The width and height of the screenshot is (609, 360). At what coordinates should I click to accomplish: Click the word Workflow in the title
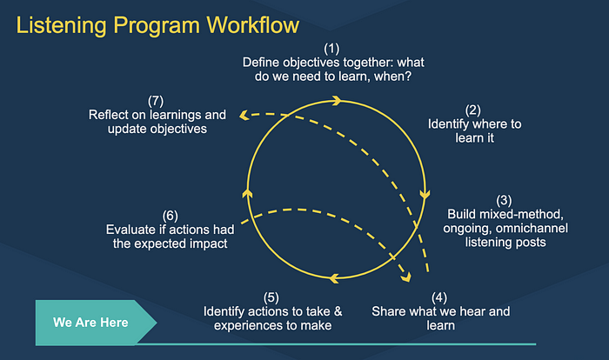pos(253,25)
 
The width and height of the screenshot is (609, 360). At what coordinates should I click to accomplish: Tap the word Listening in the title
pos(62,26)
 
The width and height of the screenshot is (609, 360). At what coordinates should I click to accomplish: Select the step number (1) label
pos(331,49)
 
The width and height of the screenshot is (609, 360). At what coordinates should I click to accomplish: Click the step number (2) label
pos(473,110)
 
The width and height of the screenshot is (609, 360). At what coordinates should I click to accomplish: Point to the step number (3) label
pos(504,200)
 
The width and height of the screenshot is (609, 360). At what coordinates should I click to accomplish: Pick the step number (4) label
pos(439,297)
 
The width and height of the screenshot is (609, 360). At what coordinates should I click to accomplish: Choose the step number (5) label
pos(271,297)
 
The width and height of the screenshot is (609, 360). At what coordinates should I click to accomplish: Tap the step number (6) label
pos(171,216)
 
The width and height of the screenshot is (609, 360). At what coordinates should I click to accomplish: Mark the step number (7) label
pos(156,101)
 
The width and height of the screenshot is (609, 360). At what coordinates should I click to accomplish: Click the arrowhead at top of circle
pos(337,101)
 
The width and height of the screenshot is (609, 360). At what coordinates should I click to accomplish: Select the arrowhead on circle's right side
pos(425,194)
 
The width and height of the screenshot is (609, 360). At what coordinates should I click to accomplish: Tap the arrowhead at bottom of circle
pos(334,278)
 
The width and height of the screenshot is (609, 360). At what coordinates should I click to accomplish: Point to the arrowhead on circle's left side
pos(247,193)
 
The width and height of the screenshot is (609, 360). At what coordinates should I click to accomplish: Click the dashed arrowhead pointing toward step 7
pos(244,115)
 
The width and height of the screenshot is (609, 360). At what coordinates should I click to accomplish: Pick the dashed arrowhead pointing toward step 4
pos(406,277)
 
